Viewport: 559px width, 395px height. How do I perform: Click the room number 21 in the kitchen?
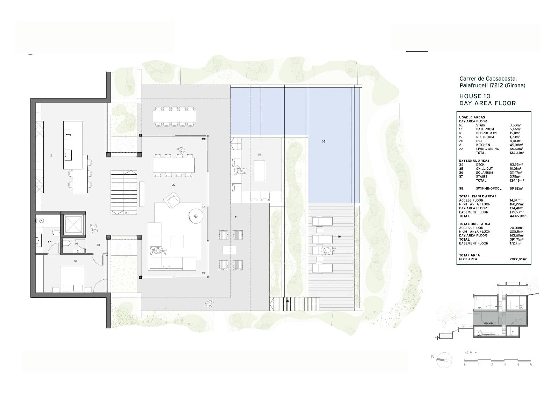(x=52, y=155)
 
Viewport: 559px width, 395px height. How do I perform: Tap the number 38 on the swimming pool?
(x=324, y=141)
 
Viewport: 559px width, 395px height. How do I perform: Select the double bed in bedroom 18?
(x=73, y=279)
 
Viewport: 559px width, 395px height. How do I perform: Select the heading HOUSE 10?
(x=474, y=96)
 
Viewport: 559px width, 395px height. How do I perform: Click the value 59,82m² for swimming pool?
(x=516, y=189)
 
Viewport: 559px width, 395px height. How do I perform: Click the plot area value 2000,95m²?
(x=518, y=259)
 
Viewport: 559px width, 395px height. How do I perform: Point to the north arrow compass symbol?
(x=444, y=360)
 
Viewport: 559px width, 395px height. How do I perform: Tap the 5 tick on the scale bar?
(x=531, y=365)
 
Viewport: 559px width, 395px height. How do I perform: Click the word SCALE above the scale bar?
(x=470, y=352)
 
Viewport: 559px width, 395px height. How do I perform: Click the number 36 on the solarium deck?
(x=339, y=237)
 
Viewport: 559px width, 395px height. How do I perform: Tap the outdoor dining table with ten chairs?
(x=174, y=116)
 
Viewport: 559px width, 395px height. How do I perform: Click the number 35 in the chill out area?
(x=260, y=154)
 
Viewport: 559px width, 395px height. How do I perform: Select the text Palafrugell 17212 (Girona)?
(x=492, y=85)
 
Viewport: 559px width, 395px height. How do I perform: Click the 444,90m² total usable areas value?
(x=517, y=216)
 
